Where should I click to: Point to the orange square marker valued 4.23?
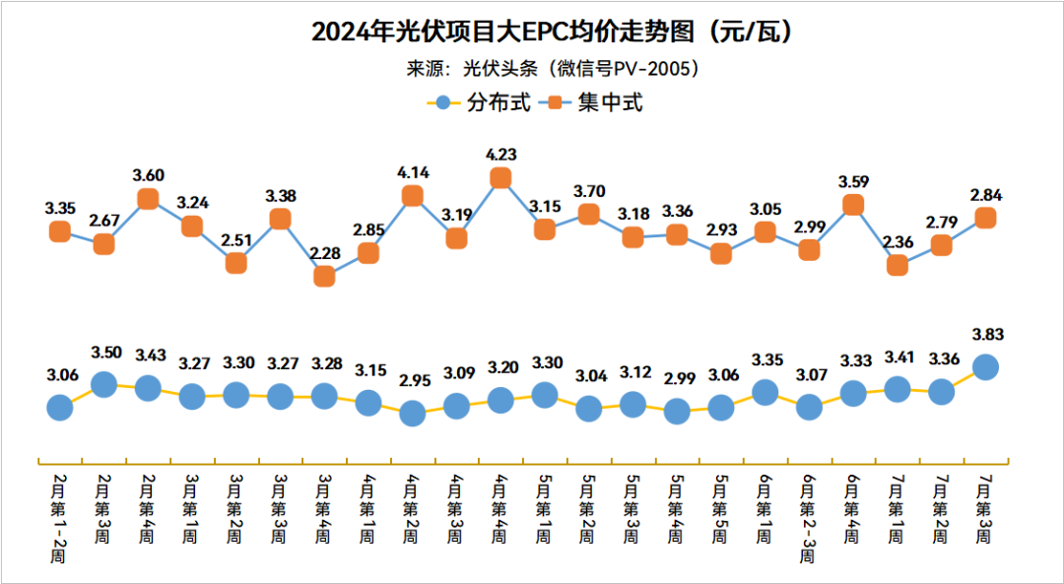tap(500, 177)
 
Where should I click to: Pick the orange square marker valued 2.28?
tap(324, 277)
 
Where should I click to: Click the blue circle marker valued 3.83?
tap(985, 366)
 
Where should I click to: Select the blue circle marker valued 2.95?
tap(413, 414)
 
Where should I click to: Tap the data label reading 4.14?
tap(413, 171)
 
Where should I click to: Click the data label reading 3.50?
tap(103, 353)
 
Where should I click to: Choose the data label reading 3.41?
tap(897, 357)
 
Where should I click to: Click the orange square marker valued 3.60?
tap(148, 199)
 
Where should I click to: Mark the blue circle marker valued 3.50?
tap(103, 383)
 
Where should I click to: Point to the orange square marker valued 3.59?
tap(853, 205)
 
